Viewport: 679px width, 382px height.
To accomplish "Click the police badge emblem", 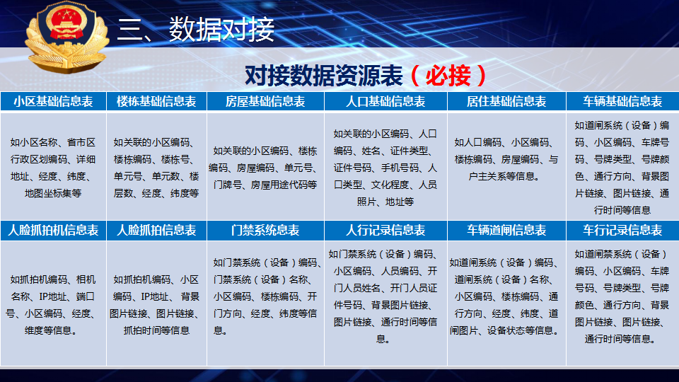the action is pyautogui.click(x=66, y=37).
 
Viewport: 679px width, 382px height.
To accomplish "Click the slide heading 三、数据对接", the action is pyautogui.click(x=196, y=30).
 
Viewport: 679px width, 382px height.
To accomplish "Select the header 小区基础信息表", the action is pyautogui.click(x=53, y=101).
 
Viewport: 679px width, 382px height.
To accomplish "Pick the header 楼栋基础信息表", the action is pyautogui.click(x=156, y=101).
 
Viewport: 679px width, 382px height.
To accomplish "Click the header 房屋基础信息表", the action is pyautogui.click(x=265, y=101).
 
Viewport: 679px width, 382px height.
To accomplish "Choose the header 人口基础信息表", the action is pyautogui.click(x=385, y=101).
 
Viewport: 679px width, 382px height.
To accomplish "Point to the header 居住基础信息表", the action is pyautogui.click(x=506, y=101).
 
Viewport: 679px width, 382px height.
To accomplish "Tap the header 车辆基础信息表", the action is pyautogui.click(x=622, y=101).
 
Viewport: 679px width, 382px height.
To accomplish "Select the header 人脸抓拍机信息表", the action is pyautogui.click(x=53, y=230).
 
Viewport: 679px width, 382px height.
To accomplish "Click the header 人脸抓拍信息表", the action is pyautogui.click(x=156, y=230).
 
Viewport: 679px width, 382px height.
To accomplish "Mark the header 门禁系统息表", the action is pyautogui.click(x=265, y=230).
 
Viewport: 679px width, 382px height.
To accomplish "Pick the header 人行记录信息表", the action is pyautogui.click(x=385, y=230).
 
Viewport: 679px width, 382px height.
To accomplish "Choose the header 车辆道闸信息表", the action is pyautogui.click(x=506, y=230).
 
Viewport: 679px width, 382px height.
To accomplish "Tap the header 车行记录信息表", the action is pyautogui.click(x=622, y=230).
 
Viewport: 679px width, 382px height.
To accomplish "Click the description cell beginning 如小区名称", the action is pyautogui.click(x=53, y=167).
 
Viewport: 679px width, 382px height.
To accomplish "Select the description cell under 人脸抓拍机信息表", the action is pyautogui.click(x=53, y=304).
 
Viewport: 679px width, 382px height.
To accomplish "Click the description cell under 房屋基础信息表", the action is pyautogui.click(x=265, y=168).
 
